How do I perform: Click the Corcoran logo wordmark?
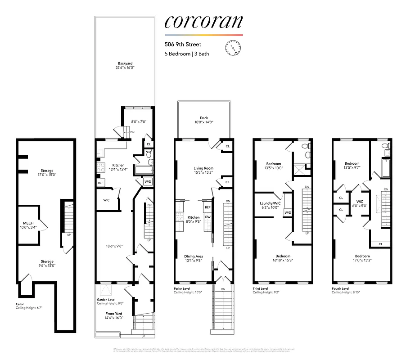[203, 22]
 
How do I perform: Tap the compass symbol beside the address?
[232, 47]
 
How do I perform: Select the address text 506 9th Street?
[183, 45]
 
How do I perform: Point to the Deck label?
[204, 118]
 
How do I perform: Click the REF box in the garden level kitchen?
[100, 183]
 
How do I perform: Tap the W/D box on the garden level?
[148, 182]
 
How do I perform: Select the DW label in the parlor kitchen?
[208, 217]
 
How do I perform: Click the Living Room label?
[203, 168]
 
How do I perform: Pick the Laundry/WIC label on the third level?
[270, 203]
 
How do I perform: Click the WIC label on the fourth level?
[359, 201]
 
